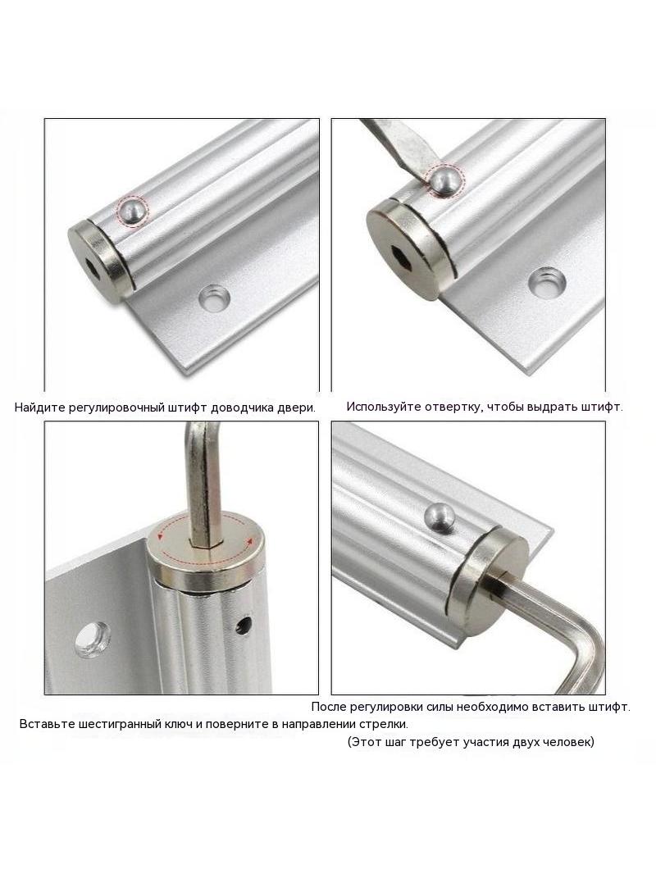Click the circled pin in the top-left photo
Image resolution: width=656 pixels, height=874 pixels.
click(132, 212)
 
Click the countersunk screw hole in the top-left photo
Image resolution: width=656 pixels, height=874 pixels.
click(215, 298)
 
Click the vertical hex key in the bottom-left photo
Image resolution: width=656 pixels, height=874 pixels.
click(203, 485)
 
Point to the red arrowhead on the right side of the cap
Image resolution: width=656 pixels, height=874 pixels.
click(250, 539)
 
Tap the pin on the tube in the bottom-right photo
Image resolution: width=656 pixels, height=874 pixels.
click(439, 517)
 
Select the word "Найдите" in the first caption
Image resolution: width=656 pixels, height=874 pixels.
click(39, 407)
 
